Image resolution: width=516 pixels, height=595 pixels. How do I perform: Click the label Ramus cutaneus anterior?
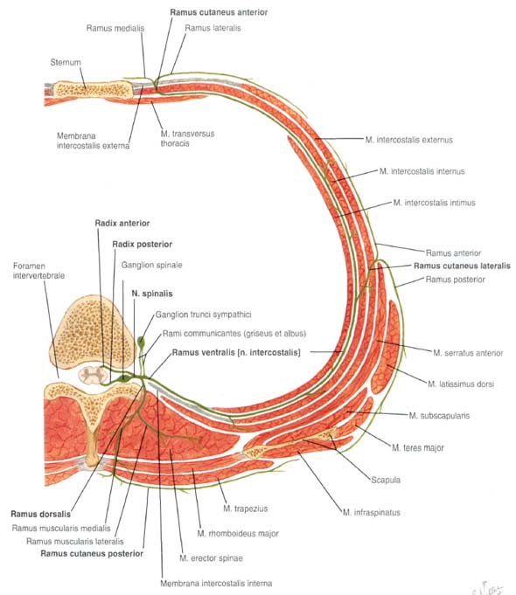[x=219, y=12]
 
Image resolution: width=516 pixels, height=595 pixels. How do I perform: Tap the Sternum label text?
[x=66, y=62]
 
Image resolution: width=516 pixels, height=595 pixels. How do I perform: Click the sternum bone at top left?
[x=93, y=89]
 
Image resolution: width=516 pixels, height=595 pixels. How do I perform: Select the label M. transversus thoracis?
[x=187, y=139]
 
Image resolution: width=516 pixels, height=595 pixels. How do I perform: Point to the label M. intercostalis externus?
[x=408, y=140]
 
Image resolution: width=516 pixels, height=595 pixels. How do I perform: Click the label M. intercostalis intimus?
[x=435, y=203]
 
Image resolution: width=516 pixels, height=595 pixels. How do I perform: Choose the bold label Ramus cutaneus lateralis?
[x=462, y=266]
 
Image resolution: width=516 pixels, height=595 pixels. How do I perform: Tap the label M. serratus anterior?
[x=468, y=353]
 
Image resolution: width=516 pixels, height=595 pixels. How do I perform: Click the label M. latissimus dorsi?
[x=461, y=384]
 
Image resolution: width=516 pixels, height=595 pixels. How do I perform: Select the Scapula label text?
[x=386, y=480]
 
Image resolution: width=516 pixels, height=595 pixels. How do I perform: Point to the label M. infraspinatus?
[x=371, y=513]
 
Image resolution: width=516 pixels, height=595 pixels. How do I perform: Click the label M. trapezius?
[x=246, y=509]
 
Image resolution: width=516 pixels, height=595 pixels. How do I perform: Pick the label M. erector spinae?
[x=211, y=558]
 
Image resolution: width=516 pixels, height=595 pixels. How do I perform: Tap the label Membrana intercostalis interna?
[x=216, y=584]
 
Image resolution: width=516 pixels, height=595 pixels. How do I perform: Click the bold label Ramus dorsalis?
[x=40, y=514]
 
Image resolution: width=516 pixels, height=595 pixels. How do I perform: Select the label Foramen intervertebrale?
[x=38, y=271]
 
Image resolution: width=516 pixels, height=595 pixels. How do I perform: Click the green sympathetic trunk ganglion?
[x=142, y=341]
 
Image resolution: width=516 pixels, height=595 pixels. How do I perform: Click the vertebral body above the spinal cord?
[x=93, y=332]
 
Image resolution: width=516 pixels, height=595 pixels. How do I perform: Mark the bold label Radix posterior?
[x=142, y=245]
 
